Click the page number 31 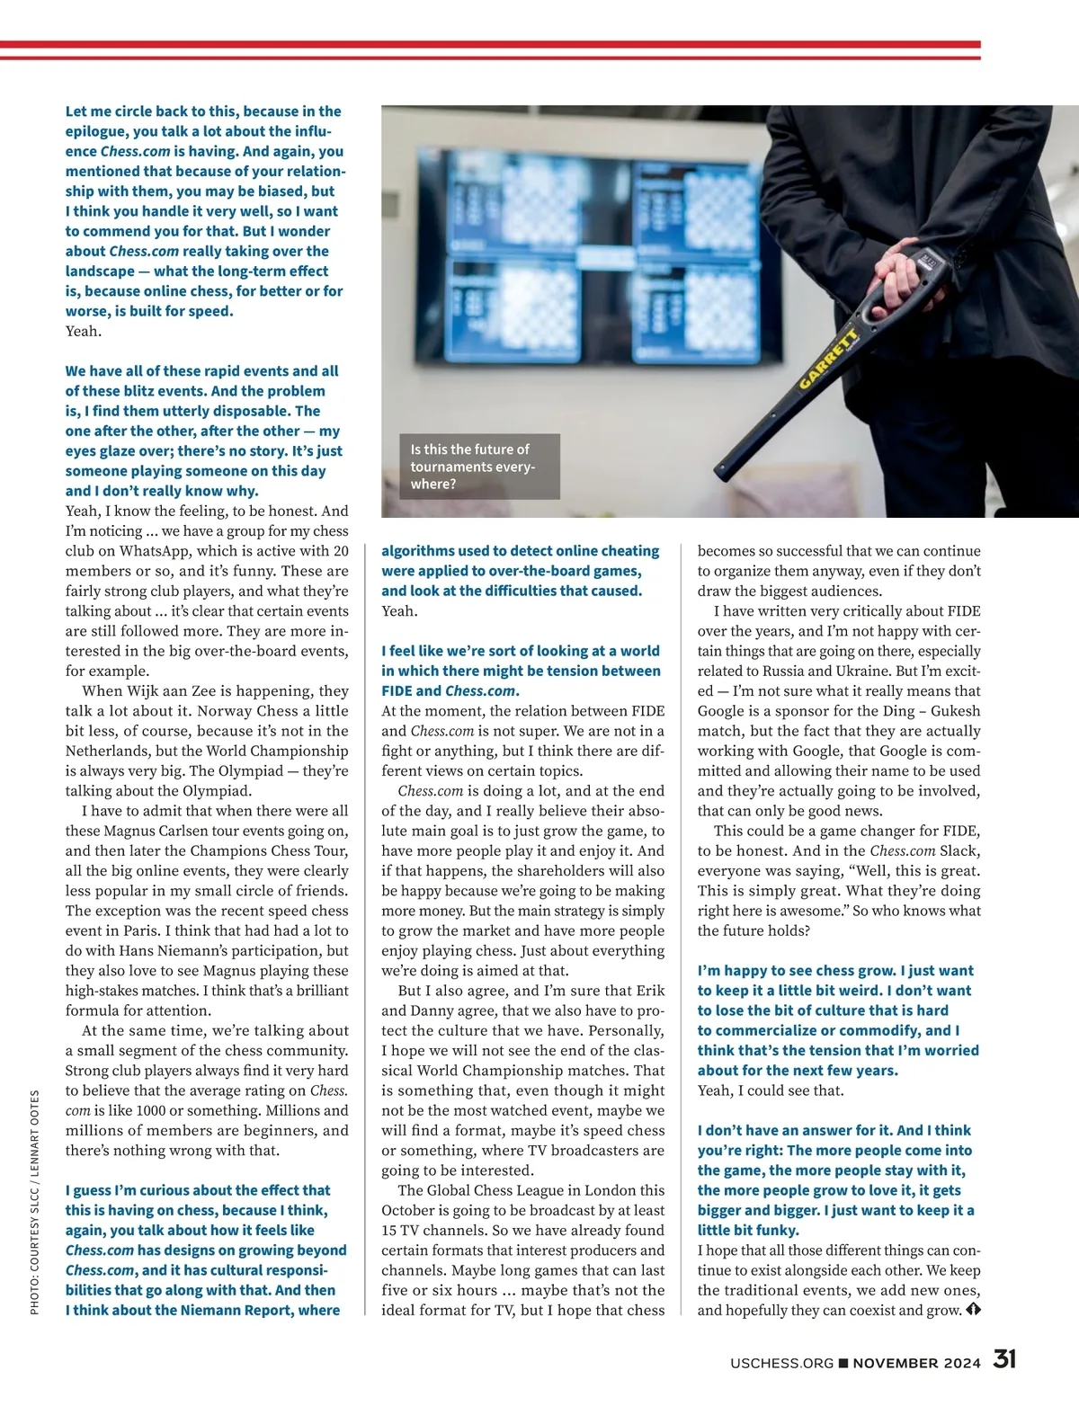click(1004, 1359)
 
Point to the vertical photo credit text click(35, 1203)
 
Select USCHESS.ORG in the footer click(781, 1363)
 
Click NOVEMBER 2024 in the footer click(916, 1363)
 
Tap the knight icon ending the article click(973, 1310)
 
